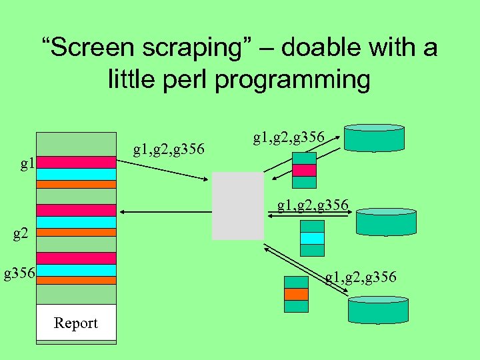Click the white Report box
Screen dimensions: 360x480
tap(76, 323)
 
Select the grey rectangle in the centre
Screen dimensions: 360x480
tap(238, 205)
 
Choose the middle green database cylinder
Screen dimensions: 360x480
tap(386, 222)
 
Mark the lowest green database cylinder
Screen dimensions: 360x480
tap(377, 310)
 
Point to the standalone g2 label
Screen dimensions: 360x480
tap(22, 233)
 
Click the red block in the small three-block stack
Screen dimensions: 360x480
tap(305, 170)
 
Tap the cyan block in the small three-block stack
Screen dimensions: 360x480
tap(311, 238)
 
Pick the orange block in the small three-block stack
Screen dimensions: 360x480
tap(296, 294)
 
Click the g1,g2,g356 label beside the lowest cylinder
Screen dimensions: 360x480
tap(361, 276)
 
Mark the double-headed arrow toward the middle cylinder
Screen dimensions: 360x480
tap(310, 213)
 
